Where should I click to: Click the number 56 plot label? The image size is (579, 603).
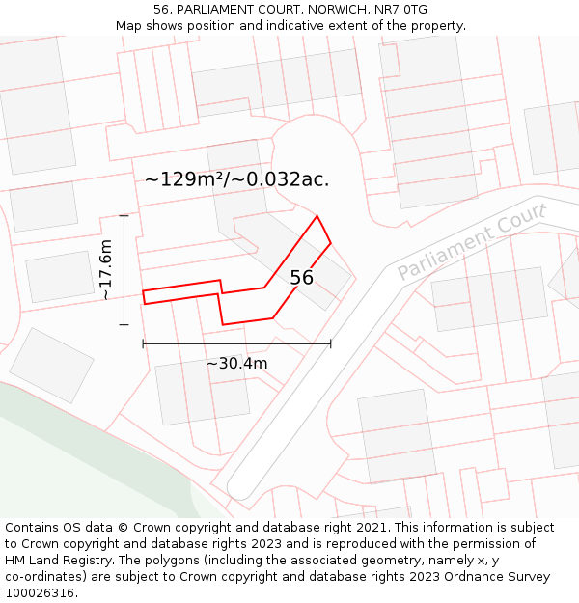[x=301, y=278]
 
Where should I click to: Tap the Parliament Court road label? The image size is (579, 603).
[x=472, y=241]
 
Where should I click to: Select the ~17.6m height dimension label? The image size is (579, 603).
[x=106, y=270]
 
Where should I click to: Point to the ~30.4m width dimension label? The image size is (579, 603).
[x=236, y=364]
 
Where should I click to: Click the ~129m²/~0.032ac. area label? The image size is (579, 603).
[x=236, y=178]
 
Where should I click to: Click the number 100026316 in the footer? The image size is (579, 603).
[x=39, y=593]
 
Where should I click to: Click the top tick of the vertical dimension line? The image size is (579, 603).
[x=124, y=215]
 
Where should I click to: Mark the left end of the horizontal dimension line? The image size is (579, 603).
[x=143, y=343]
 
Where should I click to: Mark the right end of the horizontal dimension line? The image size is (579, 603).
[x=330, y=343]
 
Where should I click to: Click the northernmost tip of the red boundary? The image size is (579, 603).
[x=317, y=216]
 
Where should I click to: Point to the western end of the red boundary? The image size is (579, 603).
[x=144, y=296]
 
